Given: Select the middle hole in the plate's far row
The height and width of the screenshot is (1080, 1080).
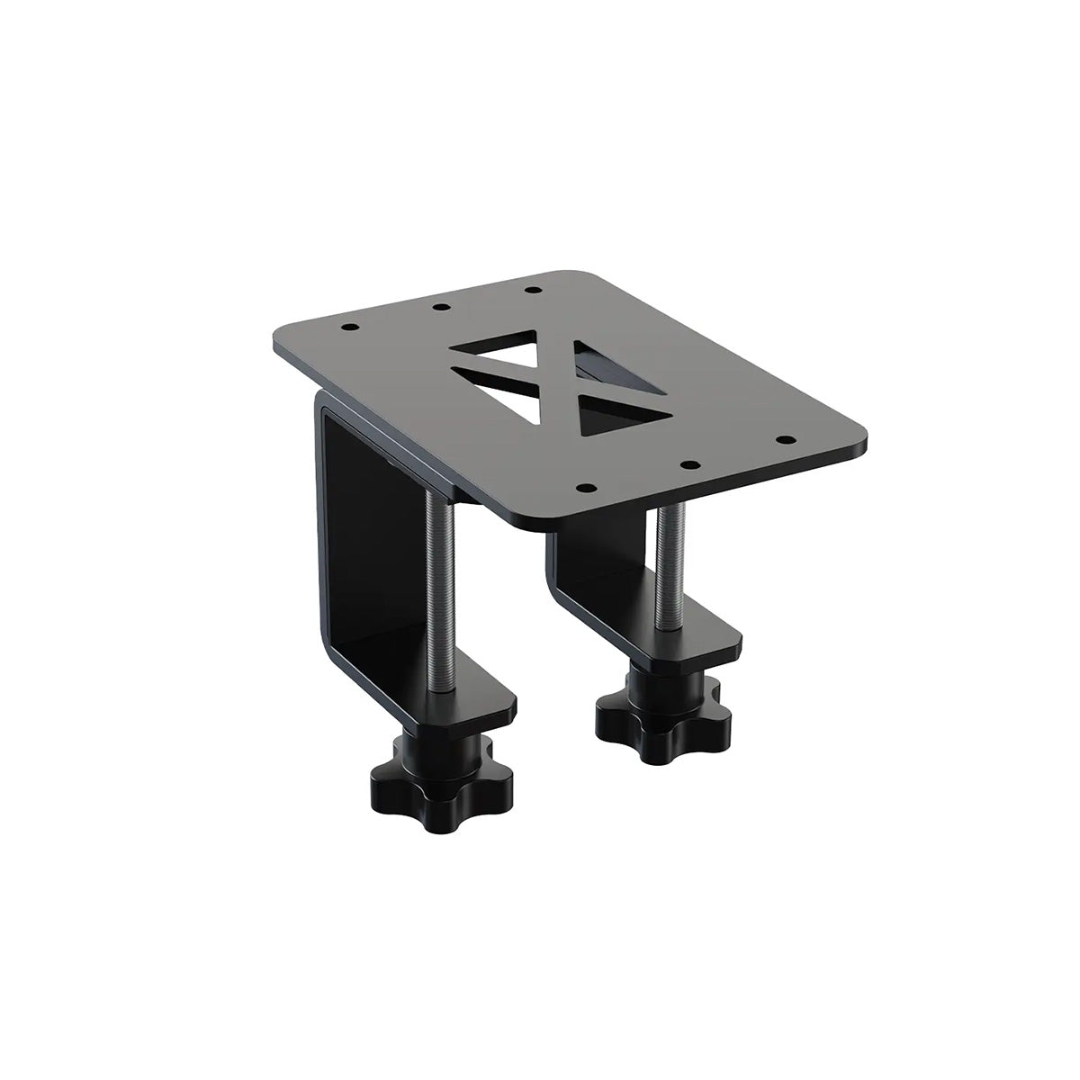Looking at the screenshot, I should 440,307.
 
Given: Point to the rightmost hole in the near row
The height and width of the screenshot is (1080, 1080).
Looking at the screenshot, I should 787,440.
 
